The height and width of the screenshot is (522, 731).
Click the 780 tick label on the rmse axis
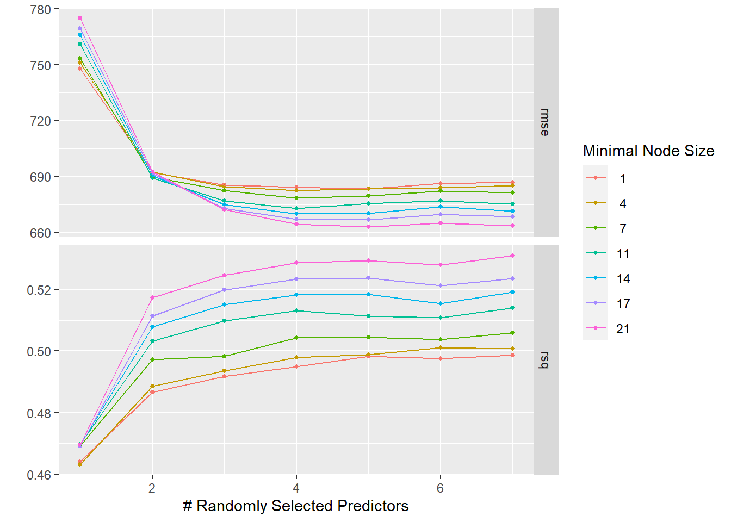[40, 10]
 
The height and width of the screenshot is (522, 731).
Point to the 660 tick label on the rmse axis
[40, 233]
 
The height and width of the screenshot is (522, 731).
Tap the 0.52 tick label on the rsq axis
[39, 290]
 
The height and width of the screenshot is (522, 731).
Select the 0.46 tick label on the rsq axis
[39, 475]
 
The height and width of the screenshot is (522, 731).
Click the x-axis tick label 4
[296, 488]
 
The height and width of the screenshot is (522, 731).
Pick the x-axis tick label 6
[440, 488]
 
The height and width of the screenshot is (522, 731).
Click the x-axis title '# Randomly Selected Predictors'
[296, 506]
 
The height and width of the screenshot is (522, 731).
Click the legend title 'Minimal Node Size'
[648, 151]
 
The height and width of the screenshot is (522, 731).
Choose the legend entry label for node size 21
[623, 329]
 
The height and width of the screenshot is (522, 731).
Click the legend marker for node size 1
[596, 178]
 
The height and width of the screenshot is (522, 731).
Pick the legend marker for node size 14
[596, 278]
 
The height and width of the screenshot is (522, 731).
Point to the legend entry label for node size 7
[623, 229]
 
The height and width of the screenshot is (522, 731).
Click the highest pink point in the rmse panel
[80, 18]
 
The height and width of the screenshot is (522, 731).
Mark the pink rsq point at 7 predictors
[512, 256]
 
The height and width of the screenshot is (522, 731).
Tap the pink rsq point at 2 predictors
[152, 297]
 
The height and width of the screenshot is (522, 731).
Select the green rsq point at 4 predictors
[296, 338]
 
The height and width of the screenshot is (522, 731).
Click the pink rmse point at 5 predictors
[368, 227]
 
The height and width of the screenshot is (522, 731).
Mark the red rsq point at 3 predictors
[224, 376]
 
